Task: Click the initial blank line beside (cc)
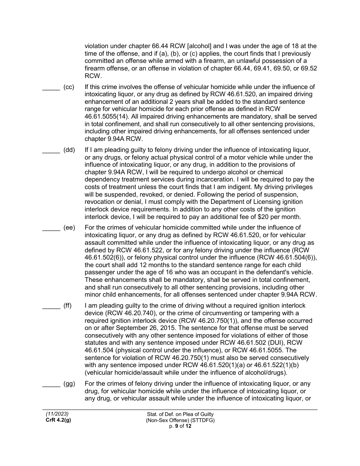(51, 90)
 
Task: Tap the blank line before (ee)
(51, 230)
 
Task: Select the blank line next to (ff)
(51, 308)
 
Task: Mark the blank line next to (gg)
(51, 386)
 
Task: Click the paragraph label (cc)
(69, 87)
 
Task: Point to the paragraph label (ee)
(69, 228)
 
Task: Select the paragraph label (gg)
(69, 384)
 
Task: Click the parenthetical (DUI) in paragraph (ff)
(268, 342)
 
